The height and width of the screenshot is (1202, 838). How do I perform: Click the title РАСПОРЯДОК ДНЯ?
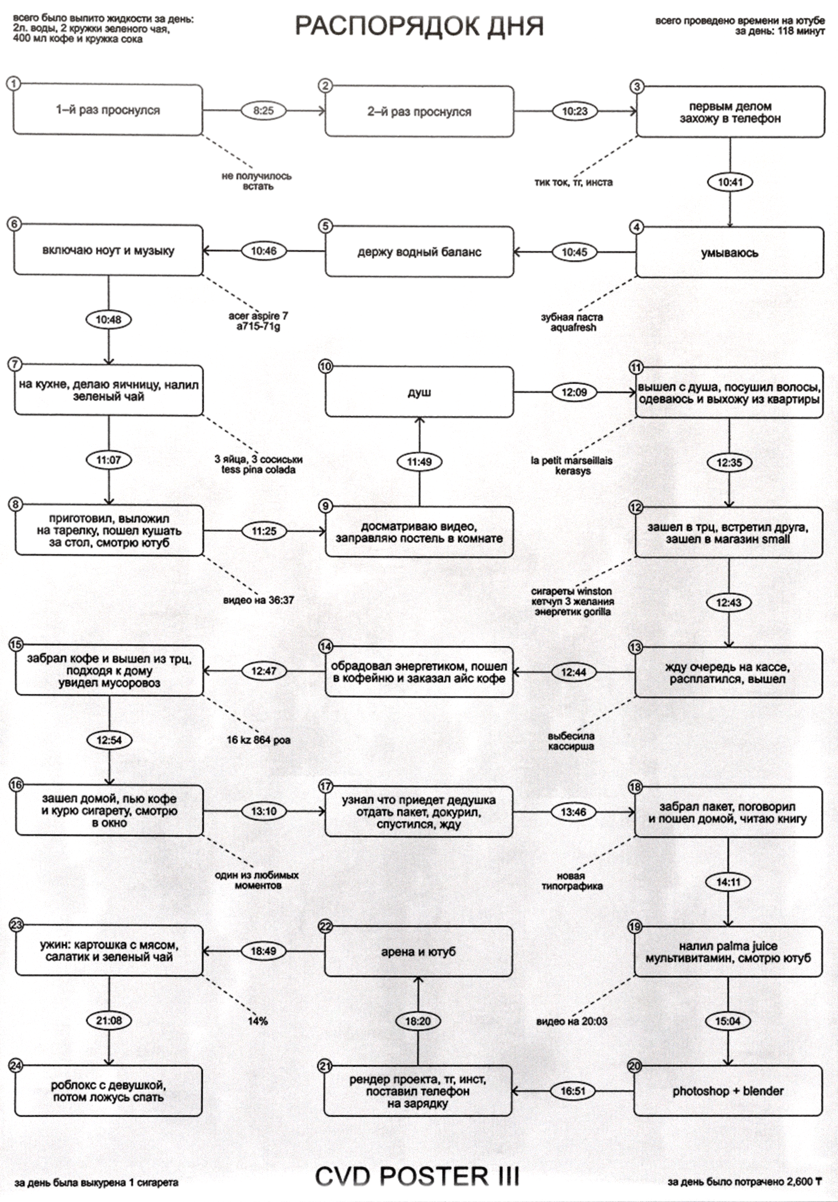point(419,26)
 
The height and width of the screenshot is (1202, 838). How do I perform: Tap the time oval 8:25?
point(263,110)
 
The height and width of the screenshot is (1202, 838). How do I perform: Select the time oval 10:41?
point(730,182)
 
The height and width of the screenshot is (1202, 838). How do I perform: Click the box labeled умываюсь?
point(730,253)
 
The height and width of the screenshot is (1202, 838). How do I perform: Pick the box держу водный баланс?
point(419,252)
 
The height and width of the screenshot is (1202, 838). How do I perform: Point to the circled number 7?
point(15,364)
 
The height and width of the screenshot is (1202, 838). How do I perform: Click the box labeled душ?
point(419,392)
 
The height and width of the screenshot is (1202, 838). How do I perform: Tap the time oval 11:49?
point(419,462)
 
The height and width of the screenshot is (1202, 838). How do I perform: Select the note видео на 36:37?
point(259,600)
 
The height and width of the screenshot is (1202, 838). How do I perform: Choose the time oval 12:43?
point(728,603)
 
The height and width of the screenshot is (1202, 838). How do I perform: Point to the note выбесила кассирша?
point(571,741)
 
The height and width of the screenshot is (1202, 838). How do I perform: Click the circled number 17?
point(326,786)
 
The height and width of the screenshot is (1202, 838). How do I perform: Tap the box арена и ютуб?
point(418,951)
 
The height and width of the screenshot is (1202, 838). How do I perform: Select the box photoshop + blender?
point(728,1091)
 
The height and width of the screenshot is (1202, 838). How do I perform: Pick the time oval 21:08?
point(109,1020)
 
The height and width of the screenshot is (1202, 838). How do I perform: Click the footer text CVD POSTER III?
point(417,1176)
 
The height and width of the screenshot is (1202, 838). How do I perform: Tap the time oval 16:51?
point(573,1091)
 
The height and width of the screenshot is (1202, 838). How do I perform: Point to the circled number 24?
point(16,1065)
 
